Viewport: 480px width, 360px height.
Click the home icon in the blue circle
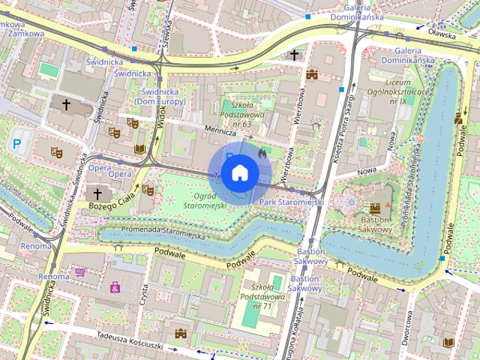point(239,172)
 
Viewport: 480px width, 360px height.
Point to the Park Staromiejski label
point(291,202)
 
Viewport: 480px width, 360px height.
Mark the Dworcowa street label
point(406,328)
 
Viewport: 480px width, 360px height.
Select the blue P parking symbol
point(16,142)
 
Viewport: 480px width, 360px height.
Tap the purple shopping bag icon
point(115,286)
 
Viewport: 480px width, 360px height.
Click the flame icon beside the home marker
point(261,152)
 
